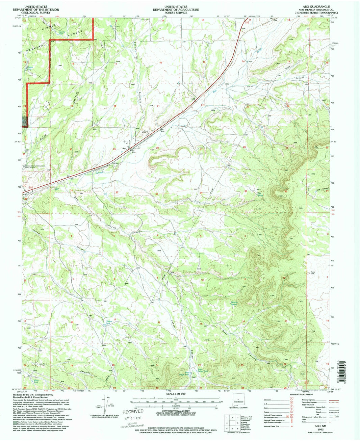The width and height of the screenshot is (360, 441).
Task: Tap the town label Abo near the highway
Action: coord(124,147)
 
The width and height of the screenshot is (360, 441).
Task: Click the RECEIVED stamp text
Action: coord(133,412)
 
